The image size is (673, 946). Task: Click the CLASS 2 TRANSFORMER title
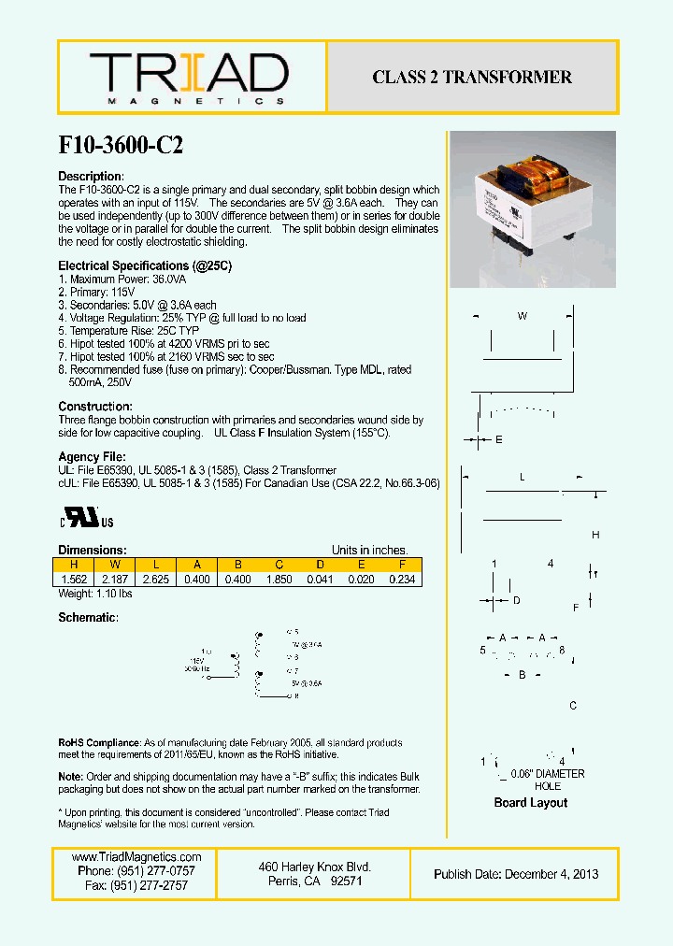(472, 78)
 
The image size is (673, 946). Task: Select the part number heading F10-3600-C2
(121, 146)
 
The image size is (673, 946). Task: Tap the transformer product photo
(533, 210)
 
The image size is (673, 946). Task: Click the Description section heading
(91, 177)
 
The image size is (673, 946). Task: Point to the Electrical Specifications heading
(145, 266)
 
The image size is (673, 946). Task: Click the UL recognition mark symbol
(88, 519)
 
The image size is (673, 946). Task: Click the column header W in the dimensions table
(113, 565)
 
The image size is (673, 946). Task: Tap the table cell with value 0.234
(402, 580)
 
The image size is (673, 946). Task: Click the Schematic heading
(88, 618)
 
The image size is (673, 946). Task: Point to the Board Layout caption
(530, 803)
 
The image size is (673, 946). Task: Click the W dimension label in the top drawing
(523, 316)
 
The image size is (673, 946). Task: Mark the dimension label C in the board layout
(573, 706)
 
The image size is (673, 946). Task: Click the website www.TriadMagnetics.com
(136, 857)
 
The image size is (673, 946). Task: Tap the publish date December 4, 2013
(516, 874)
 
